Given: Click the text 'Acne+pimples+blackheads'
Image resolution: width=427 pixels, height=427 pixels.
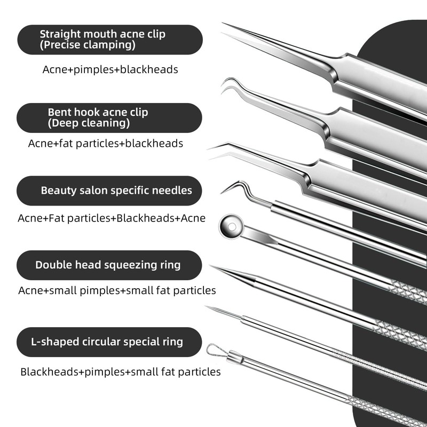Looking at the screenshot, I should pos(110,69).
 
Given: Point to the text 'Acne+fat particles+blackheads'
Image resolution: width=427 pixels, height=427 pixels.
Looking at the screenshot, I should pos(106,143).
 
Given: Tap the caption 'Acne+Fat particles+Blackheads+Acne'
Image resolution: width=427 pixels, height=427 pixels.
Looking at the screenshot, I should pos(112,218).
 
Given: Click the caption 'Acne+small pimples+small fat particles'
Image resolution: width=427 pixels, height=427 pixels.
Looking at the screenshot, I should pos(117,290).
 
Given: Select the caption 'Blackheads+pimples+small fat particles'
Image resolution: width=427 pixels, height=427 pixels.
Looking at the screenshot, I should pos(121,371).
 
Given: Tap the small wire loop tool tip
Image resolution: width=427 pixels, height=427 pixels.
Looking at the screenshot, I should pos(214,350).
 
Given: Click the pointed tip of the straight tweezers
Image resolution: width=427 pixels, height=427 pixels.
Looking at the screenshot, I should pos(226,25).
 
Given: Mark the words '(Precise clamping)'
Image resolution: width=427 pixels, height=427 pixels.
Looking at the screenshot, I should pos(88,45).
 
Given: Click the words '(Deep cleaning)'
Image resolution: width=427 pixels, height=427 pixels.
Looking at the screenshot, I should pos(89,123).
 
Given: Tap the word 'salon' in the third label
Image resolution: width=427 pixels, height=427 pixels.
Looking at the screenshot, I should pos(91,191).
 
